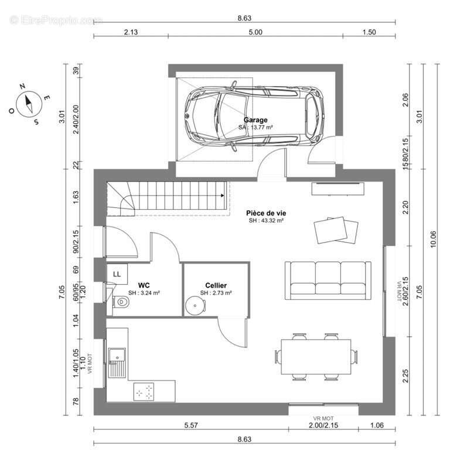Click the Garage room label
[x=255, y=120]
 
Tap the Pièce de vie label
[x=266, y=213]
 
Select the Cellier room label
[x=216, y=285]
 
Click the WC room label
[x=144, y=285]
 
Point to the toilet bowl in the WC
[x=121, y=302]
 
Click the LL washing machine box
[x=117, y=274]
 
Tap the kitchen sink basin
[x=117, y=355]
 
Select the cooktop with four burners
[x=144, y=391]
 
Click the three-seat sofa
[x=328, y=281]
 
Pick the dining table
[x=316, y=357]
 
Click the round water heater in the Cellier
[x=195, y=306]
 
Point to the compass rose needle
[x=29, y=104]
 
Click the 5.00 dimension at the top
[x=255, y=32]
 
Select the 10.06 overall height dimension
[x=433, y=240]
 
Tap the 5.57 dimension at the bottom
[x=191, y=425]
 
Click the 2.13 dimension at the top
[x=131, y=32]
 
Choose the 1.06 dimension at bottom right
[x=377, y=425]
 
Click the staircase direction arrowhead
[x=223, y=196]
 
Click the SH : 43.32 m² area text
[x=266, y=221]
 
